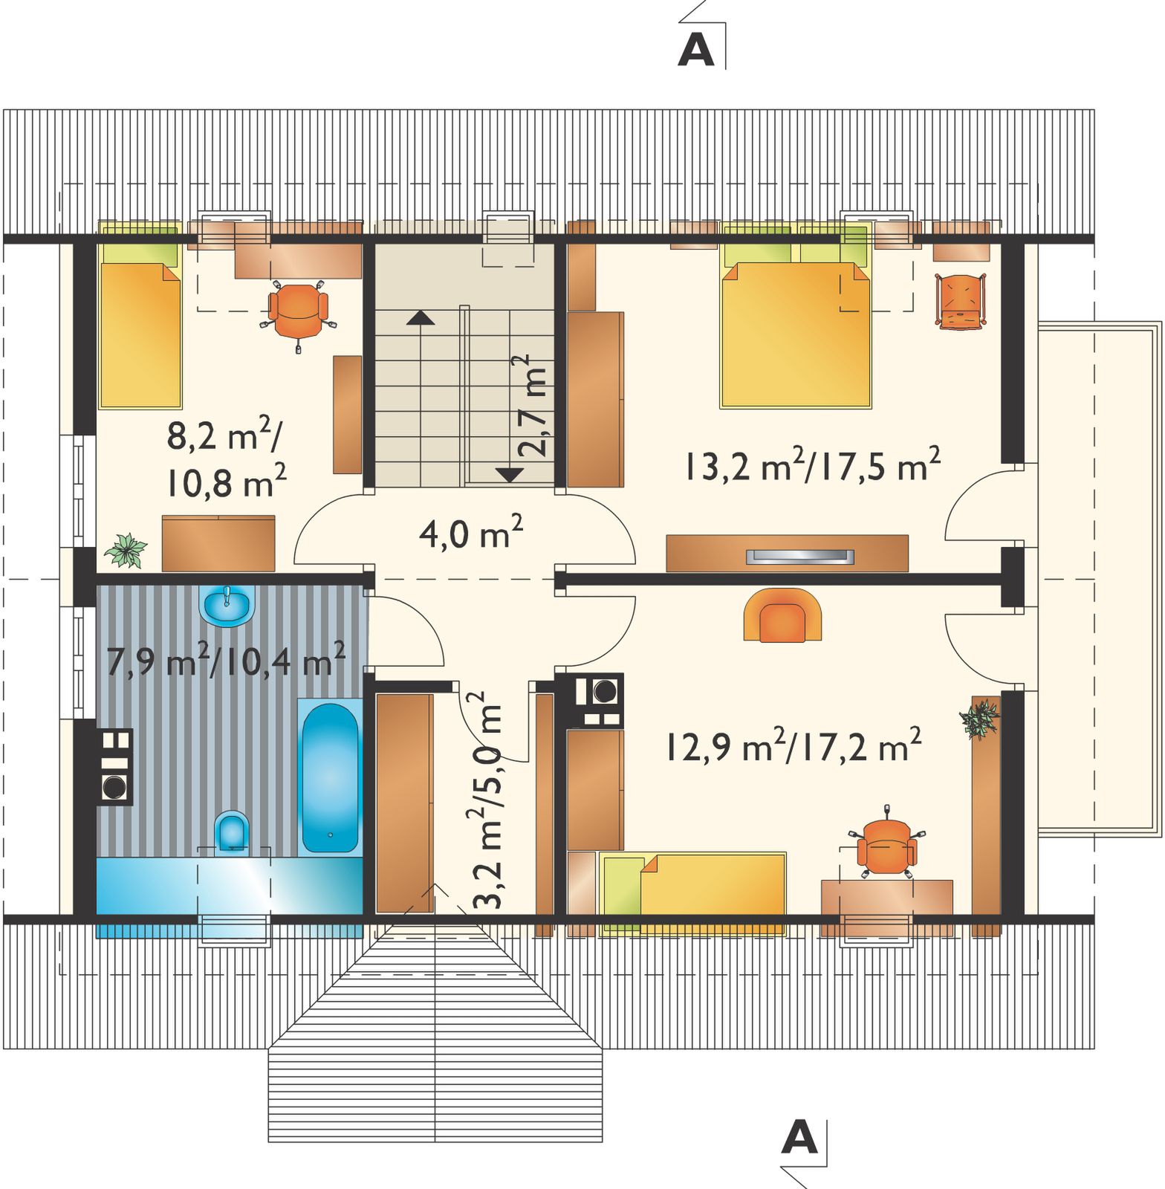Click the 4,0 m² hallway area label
(471, 533)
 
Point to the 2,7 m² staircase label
(532, 404)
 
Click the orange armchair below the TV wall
(783, 614)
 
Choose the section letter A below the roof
(799, 1136)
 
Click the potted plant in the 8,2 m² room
(126, 550)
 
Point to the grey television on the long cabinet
(799, 555)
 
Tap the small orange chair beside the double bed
(960, 301)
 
